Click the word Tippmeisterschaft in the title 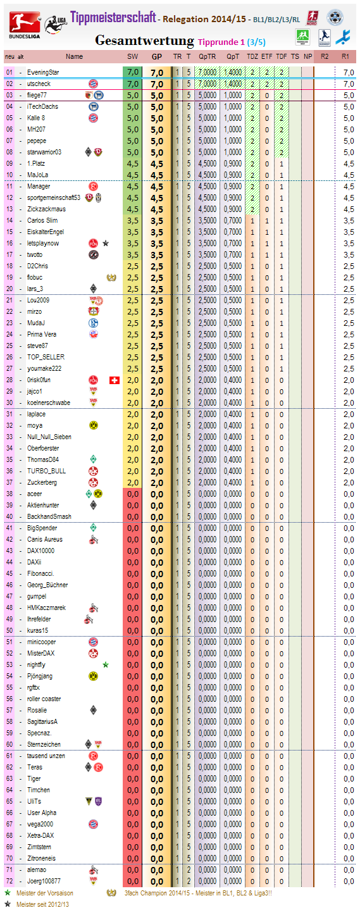point(113,17)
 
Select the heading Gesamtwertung point(144,41)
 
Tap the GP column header point(156,56)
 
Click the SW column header point(133,56)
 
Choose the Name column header point(74,56)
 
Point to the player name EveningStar point(43,72)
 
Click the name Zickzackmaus point(46,209)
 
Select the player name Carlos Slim point(42,220)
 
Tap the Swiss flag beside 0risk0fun point(114,380)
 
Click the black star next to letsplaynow point(106,243)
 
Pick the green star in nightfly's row point(106,664)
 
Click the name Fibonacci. point(40,573)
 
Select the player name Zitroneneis point(41,858)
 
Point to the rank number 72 point(9,881)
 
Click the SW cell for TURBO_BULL point(133,471)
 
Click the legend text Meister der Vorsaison point(45,893)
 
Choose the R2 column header point(325,56)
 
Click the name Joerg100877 point(44,881)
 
